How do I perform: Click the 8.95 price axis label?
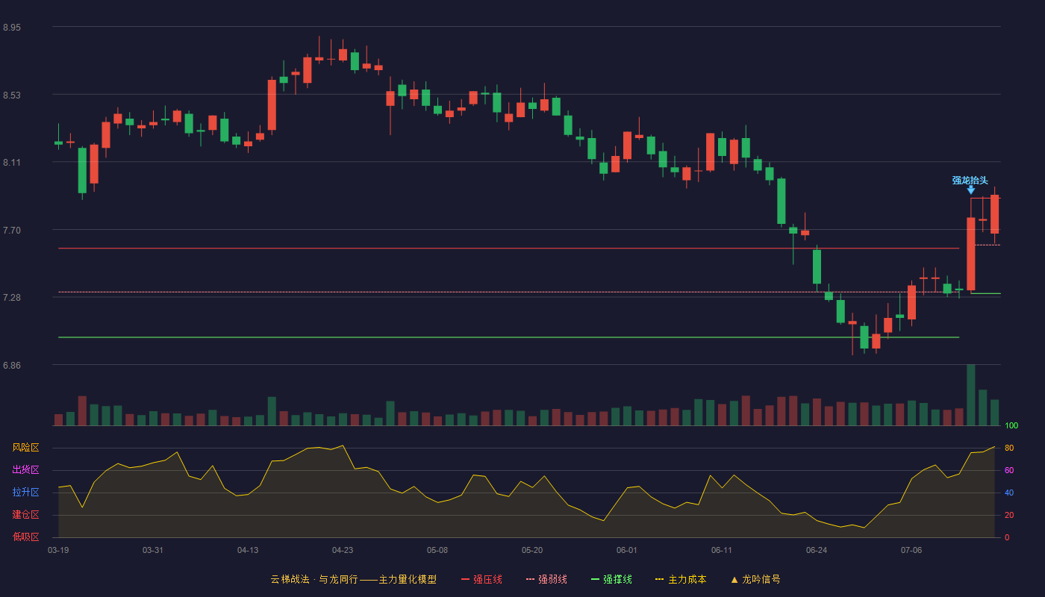tap(12, 28)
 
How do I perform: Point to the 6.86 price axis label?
tap(12, 366)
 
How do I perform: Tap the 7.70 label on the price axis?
tap(12, 231)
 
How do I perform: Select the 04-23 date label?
tap(343, 551)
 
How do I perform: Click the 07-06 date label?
tap(911, 551)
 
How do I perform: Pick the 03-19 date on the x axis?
tap(58, 551)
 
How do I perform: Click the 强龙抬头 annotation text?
tap(970, 181)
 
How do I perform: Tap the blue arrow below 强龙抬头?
tap(971, 190)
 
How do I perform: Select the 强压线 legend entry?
tap(481, 579)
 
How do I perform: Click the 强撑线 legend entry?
tap(611, 579)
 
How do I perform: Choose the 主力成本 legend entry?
tap(681, 579)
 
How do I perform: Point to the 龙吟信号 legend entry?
tap(755, 579)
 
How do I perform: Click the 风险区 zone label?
tap(25, 448)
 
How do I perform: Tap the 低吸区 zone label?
tap(25, 537)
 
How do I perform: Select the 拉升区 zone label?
tap(25, 493)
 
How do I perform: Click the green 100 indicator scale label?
tap(1011, 425)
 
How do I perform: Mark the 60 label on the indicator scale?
tap(1009, 470)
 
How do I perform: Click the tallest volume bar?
tap(971, 395)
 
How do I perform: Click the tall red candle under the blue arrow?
tap(971, 254)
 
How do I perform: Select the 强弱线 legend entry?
tap(546, 579)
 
